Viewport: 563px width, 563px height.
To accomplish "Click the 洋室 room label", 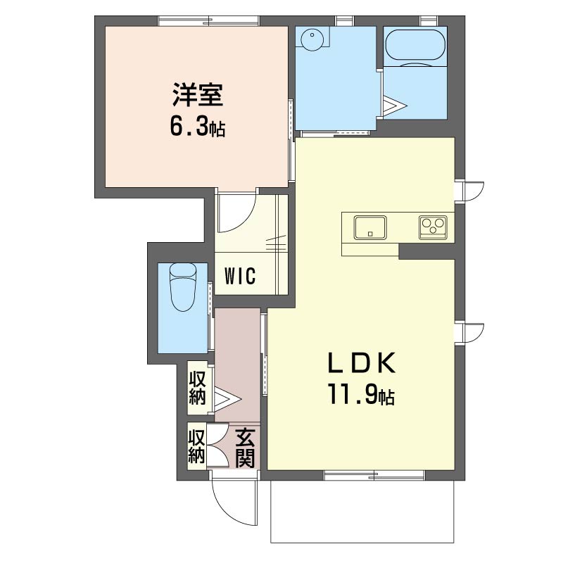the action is tap(198, 95).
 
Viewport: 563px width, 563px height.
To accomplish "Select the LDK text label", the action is tap(361, 363).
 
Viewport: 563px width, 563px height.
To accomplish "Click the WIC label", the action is tap(240, 276).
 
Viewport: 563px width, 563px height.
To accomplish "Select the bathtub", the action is tap(415, 44).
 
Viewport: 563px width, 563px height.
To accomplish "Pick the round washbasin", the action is tap(312, 39).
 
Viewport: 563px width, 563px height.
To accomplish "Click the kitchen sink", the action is tap(370, 227).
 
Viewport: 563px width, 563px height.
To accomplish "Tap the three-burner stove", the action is tap(433, 227).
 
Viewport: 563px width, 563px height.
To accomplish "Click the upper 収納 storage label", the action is tap(197, 388).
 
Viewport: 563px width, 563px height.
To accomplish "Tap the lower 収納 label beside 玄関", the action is tap(197, 447).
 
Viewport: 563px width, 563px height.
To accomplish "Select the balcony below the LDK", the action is tap(362, 512).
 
